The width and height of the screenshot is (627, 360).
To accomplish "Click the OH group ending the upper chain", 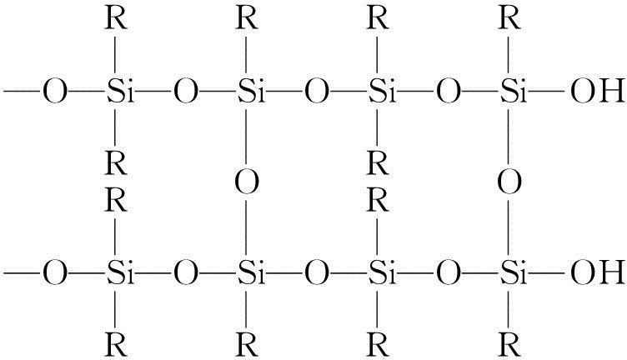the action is (595, 89).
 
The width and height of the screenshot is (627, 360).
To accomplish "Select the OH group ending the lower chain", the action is (595, 271).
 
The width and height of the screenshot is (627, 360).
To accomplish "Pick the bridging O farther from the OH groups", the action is (246, 181).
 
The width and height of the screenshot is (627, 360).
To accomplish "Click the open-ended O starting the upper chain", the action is (52, 89).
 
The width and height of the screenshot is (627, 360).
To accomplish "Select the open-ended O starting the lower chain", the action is (52, 271).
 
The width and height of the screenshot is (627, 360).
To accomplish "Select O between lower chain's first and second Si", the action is (185, 271).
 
